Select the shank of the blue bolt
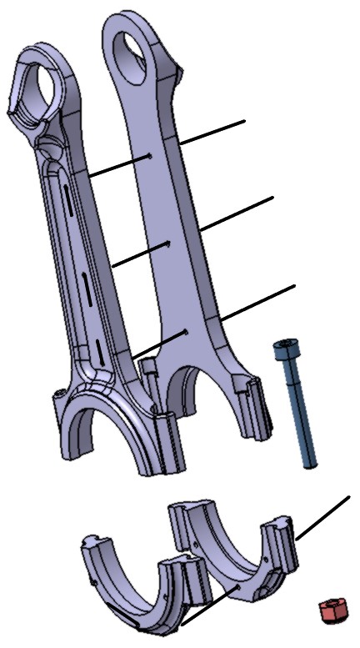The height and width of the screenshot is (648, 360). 296,409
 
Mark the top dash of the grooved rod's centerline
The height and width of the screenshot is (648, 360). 65,208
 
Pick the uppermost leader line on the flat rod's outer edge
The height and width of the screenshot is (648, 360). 212,133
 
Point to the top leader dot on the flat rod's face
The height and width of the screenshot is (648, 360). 150,155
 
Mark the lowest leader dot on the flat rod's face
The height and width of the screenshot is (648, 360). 183,331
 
